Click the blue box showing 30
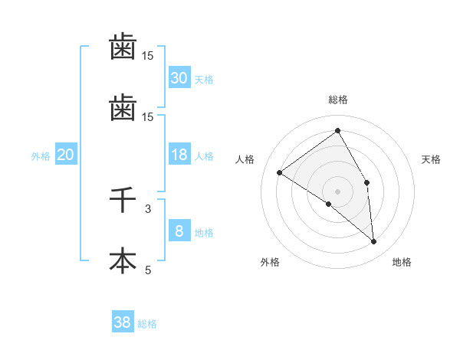click(x=179, y=77)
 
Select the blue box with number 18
click(x=179, y=155)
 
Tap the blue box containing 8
click(x=179, y=231)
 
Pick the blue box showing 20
click(x=65, y=155)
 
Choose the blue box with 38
click(x=123, y=322)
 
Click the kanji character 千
click(x=123, y=201)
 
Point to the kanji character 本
click(x=123, y=261)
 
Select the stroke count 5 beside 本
click(x=148, y=270)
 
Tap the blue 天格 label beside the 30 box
click(x=204, y=79)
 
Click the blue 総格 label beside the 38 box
click(x=147, y=324)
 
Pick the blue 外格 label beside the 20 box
click(x=41, y=156)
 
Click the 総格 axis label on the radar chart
click(x=338, y=100)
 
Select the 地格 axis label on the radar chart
click(x=402, y=262)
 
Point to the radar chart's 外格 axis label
click(x=270, y=262)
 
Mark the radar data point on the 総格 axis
click(x=337, y=131)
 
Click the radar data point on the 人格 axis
click(x=280, y=172)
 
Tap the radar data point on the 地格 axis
click(x=374, y=242)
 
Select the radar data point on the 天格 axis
click(x=366, y=182)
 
